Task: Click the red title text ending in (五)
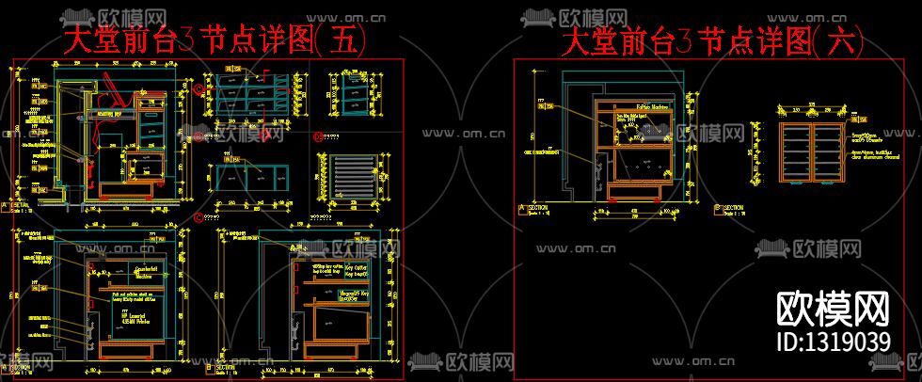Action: click(x=213, y=41)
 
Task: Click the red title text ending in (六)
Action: click(x=713, y=42)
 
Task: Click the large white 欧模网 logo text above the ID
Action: click(x=834, y=307)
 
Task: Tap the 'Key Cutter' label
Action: click(x=354, y=267)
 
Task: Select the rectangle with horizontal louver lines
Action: click(x=350, y=176)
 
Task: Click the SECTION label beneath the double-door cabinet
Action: click(x=732, y=208)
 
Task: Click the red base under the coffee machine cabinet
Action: click(x=640, y=195)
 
